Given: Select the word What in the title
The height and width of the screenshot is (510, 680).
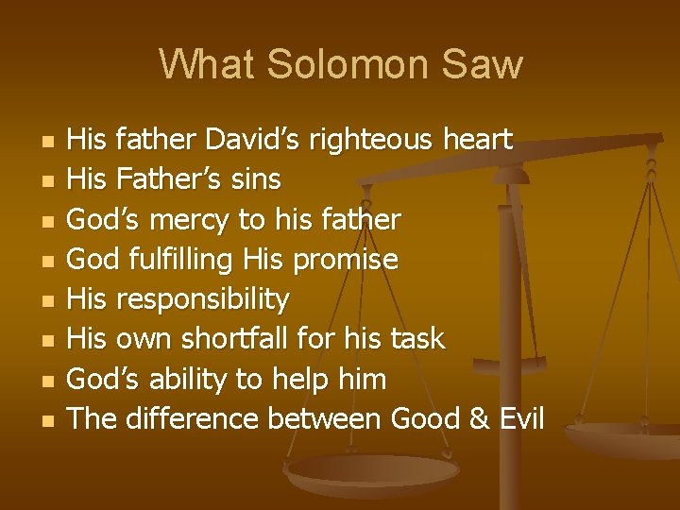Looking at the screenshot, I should coord(207,64).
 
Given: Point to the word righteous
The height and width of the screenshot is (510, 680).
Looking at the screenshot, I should coord(386,141).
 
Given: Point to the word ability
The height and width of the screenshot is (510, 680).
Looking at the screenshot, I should coord(188,379).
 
